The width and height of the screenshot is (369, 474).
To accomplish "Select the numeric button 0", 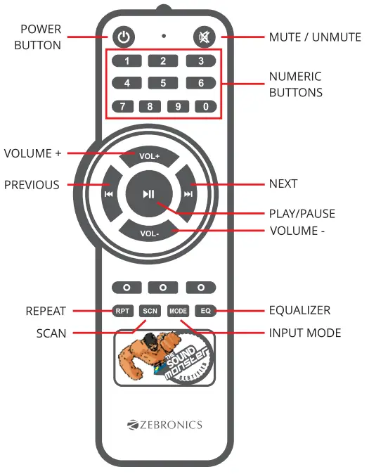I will (x=206, y=107).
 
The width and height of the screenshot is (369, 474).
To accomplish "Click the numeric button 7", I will (x=122, y=107).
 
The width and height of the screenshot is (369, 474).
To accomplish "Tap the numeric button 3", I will (x=200, y=61).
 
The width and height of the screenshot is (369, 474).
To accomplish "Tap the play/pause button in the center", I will (x=149, y=193).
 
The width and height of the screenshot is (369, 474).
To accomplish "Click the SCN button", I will (x=149, y=310).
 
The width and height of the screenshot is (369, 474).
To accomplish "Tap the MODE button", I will (x=178, y=310).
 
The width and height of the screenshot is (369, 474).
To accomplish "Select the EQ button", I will (x=205, y=310).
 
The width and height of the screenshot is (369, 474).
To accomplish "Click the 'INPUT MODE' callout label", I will (x=304, y=333).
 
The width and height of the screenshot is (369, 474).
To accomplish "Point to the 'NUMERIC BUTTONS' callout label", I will (x=296, y=84).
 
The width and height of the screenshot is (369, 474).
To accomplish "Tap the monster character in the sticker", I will (x=143, y=359).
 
